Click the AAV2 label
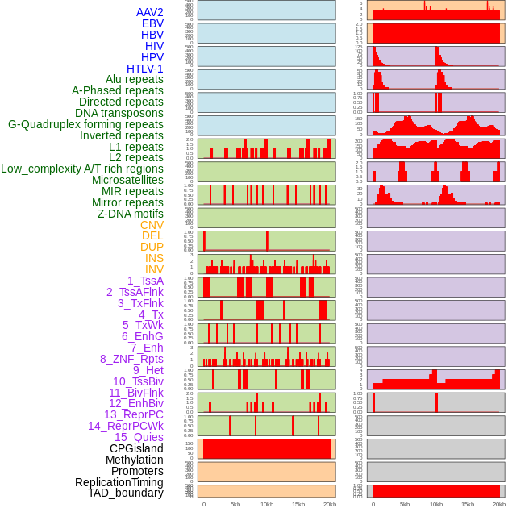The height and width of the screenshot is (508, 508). [150, 12]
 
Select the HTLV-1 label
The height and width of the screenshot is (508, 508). [145, 69]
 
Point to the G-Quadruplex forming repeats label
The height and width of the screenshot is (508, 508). [85, 124]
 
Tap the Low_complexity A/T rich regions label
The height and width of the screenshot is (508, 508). [82, 169]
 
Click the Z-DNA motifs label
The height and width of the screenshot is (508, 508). [131, 214]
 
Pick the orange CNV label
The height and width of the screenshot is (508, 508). [152, 225]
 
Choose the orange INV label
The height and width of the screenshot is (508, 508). [154, 269]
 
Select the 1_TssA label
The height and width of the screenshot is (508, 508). [145, 281]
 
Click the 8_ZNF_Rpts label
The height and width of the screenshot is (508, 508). [131, 359]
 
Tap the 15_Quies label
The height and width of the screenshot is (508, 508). [139, 437]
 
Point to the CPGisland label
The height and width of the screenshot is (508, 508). [136, 448]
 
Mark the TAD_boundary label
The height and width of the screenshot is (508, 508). [126, 493]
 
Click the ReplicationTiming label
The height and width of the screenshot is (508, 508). [119, 482]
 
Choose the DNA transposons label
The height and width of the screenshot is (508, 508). [119, 113]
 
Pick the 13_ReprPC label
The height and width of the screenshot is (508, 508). [133, 414]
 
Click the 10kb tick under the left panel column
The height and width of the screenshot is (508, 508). [267, 504]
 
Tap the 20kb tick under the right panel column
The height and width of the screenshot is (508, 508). [499, 504]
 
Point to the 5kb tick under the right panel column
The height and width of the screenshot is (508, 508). [405, 504]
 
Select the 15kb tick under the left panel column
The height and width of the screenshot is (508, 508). [298, 504]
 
